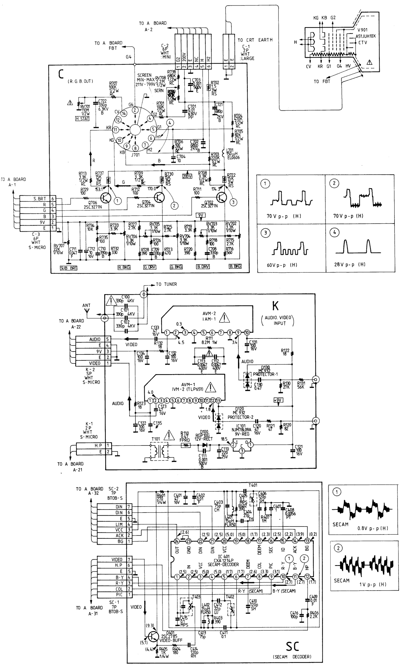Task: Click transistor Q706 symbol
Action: click(x=105, y=198)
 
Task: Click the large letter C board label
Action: click(x=61, y=74)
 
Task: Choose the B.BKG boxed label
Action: click(x=235, y=266)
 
